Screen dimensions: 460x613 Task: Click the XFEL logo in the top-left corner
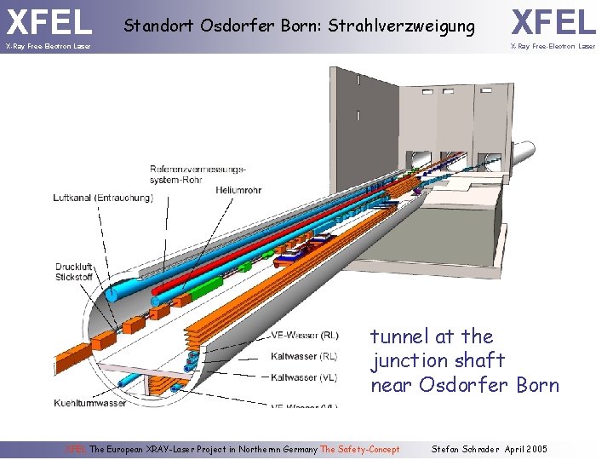(x=49, y=21)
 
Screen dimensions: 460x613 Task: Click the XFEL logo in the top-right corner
(x=553, y=21)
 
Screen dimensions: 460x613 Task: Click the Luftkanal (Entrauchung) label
(x=103, y=198)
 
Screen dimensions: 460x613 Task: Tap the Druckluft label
(x=74, y=267)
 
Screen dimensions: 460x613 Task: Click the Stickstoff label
(x=74, y=276)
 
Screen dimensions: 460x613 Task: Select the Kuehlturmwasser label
(x=90, y=403)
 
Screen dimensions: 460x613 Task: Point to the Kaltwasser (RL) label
(x=303, y=356)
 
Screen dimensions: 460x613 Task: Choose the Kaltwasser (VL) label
(x=303, y=377)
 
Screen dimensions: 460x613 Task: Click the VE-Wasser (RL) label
(x=304, y=335)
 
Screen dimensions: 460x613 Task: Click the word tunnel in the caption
(x=400, y=337)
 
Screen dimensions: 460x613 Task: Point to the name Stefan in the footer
(x=446, y=449)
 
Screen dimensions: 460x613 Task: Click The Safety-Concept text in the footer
(x=359, y=449)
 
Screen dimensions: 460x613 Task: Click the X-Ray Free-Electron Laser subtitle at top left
(x=48, y=46)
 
